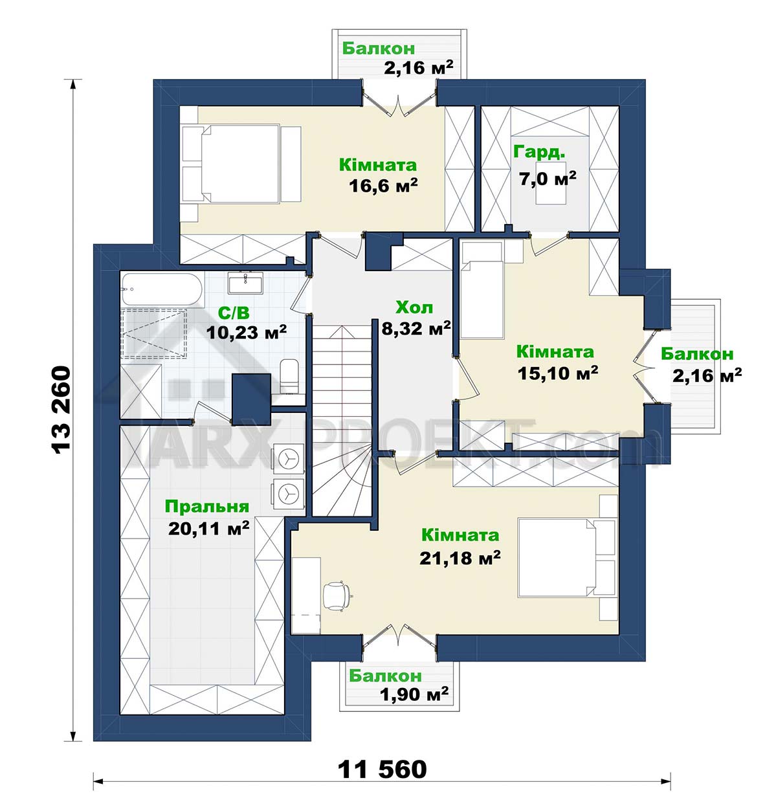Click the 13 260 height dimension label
60,410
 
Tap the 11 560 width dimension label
382,769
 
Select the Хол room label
414,307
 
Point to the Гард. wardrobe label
540,152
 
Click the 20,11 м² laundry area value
208,528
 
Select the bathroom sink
245,283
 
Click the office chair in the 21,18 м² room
337,595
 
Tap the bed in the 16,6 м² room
241,164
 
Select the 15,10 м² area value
557,373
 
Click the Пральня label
206,507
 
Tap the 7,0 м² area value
548,179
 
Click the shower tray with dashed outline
154,333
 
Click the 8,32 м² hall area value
416,328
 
